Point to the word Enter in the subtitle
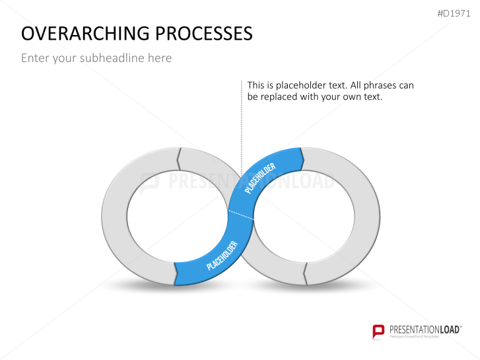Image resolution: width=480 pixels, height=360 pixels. (34, 58)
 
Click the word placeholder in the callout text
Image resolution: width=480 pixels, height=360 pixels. (302, 85)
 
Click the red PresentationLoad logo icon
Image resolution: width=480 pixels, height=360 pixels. (378, 331)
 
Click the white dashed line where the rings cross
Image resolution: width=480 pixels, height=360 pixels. (242, 217)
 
